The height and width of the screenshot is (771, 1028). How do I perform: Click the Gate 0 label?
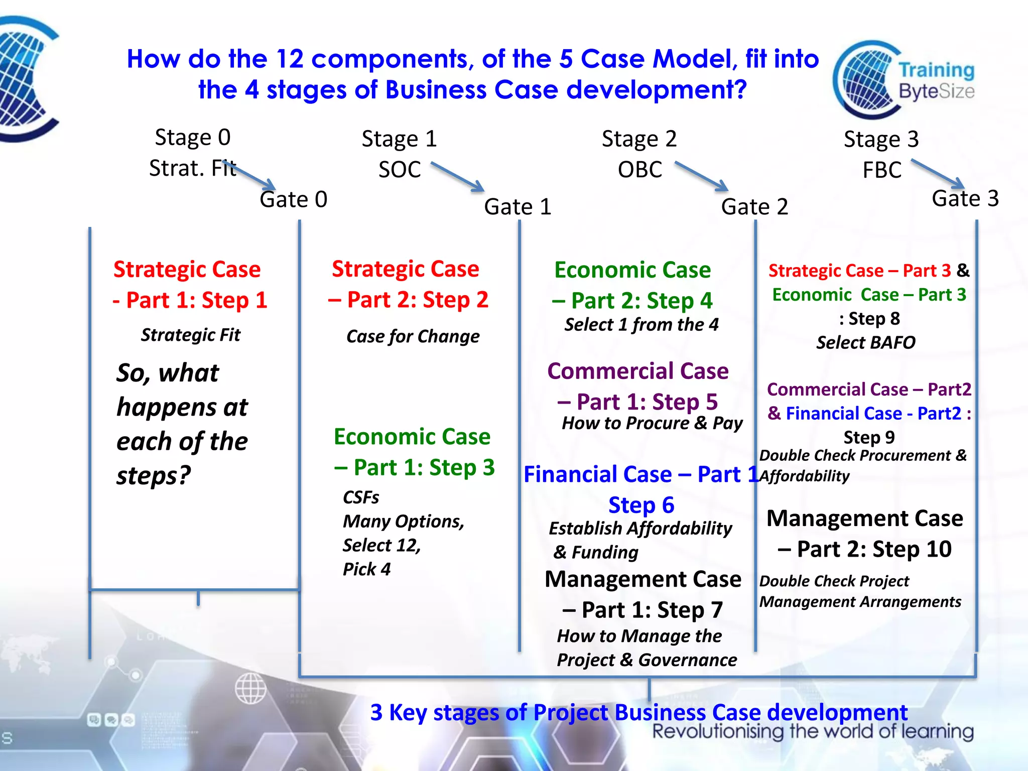[x=293, y=199]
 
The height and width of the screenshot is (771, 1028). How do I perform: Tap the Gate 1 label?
[x=518, y=207]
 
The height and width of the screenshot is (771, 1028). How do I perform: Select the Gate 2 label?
[x=754, y=207]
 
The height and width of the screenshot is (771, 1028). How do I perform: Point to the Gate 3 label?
[x=965, y=198]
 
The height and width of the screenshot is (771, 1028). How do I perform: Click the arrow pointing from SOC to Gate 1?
[x=457, y=177]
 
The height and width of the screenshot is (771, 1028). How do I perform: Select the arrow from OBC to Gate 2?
[x=701, y=176]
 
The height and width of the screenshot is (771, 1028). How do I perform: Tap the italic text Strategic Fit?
[x=190, y=335]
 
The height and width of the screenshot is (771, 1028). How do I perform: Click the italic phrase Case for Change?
[x=413, y=336]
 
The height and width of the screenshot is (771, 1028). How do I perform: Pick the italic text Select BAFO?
[x=865, y=342]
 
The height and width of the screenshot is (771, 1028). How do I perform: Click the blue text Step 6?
[x=641, y=505]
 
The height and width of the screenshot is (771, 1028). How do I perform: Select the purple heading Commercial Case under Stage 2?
[x=637, y=371]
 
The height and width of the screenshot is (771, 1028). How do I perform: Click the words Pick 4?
[x=366, y=569]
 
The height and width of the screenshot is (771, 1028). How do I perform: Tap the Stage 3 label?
[x=881, y=139]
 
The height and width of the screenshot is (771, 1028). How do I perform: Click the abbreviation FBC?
[x=882, y=170]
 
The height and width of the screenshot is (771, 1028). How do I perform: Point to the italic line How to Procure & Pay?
[x=652, y=423]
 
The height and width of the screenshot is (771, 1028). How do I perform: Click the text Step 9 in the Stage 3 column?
[x=869, y=437]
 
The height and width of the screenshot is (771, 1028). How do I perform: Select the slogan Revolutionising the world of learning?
[x=812, y=732]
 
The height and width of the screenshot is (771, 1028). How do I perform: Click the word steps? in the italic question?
[x=154, y=475]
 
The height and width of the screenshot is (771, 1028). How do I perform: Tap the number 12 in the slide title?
[x=290, y=59]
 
